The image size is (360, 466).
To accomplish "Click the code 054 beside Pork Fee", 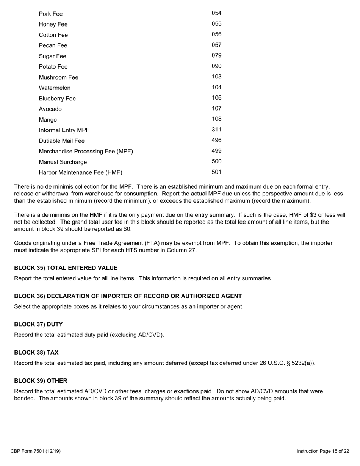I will click(216, 13).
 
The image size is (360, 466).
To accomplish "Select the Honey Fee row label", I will click(53, 25).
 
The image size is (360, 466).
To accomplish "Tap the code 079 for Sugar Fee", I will click(216, 56).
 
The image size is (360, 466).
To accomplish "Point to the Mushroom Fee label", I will click(58, 78).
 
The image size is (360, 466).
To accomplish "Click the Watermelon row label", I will click(55, 88).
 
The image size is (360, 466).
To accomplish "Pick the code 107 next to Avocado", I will click(216, 108).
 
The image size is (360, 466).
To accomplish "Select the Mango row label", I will click(48, 120).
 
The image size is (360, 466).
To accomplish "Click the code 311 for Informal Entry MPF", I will click(216, 130).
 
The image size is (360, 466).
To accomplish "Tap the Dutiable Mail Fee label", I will click(62, 141).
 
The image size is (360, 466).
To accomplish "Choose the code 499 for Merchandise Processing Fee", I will click(216, 151).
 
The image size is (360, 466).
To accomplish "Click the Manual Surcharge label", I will click(63, 162).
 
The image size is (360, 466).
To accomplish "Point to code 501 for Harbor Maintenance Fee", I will click(216, 172).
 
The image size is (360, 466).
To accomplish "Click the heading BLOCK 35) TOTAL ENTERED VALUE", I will click(66, 268).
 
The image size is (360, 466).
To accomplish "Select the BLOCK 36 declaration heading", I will click(128, 296).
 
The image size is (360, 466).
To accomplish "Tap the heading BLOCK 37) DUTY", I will click(38, 324).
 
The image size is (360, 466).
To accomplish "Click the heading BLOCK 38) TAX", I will click(36, 352).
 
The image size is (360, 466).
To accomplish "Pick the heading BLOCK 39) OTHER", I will click(41, 380).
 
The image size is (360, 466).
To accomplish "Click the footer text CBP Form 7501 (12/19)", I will click(36, 451).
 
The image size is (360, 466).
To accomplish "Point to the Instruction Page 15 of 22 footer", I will click(323, 451).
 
